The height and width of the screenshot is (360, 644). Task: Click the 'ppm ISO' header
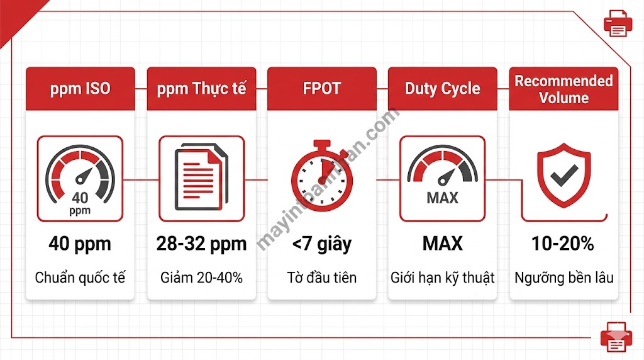80,89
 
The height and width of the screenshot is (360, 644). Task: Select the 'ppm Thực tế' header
201,89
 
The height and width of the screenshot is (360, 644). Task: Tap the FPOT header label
321,89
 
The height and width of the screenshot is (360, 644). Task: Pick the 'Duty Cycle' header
442,89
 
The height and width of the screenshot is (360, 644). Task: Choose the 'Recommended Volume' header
563,89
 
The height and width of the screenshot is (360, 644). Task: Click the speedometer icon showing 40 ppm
80,179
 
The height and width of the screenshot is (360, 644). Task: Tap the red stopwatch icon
321,176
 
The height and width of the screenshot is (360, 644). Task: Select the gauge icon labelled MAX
442,179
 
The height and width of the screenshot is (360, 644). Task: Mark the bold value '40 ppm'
80,244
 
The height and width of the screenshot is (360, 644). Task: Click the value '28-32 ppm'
201,244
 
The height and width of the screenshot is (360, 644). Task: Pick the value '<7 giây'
321,244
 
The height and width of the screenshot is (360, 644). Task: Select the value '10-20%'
563,244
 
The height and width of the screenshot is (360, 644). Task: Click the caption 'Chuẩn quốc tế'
80,277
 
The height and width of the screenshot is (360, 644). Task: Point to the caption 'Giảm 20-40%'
201,277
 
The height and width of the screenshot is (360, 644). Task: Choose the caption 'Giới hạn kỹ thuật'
442,277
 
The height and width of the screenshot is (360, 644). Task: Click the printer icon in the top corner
617,23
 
